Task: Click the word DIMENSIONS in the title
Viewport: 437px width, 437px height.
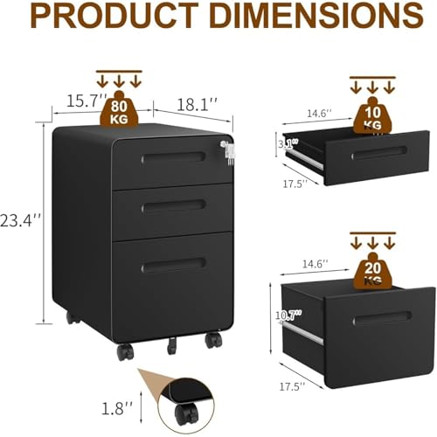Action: pyautogui.click(x=316, y=15)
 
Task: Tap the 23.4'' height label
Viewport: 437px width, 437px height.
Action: pyautogui.click(x=20, y=220)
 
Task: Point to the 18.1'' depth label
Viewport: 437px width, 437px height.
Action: pyautogui.click(x=198, y=105)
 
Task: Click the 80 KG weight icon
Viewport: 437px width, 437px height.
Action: pyautogui.click(x=119, y=110)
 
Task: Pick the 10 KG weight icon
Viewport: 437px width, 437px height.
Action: pyautogui.click(x=372, y=115)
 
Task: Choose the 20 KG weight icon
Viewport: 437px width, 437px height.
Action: pyautogui.click(x=372, y=272)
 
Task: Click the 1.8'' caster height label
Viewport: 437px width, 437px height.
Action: pyautogui.click(x=117, y=408)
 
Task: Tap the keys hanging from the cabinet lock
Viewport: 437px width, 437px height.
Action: pyautogui.click(x=228, y=153)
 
